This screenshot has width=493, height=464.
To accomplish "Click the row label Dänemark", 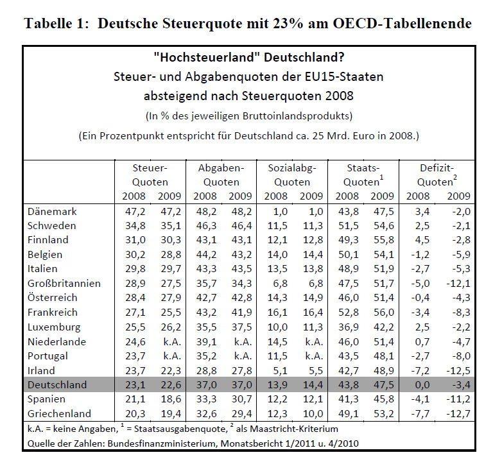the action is coord(52,212).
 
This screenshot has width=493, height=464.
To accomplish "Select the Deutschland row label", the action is coord(57,385).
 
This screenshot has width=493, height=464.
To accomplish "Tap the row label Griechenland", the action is coord(59,414).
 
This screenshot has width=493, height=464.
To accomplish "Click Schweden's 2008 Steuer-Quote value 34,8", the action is coord(135,226).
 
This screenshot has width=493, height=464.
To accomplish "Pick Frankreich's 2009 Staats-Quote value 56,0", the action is coord(384,313).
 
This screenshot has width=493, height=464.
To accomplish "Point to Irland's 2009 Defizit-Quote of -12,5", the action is coord(458,371).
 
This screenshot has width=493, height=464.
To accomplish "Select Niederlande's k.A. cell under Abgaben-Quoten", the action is coord(243,341).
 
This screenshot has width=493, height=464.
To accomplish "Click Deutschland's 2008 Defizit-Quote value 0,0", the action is coord(422,385).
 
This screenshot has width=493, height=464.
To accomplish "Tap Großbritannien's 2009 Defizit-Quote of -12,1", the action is coord(458,284).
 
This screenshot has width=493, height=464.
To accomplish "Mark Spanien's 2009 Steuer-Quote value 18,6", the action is coord(171,399).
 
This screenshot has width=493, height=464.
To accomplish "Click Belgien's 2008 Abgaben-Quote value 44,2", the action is coord(206,255).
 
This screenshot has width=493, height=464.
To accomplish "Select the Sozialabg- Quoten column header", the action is coord(292,175).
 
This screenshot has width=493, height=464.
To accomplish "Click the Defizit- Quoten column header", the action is coord(437,175).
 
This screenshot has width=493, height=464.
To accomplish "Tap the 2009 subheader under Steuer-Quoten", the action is coord(169,196).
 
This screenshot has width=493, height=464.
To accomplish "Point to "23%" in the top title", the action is coord(289,24).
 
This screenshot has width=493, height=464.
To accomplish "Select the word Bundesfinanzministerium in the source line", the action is coord(162,444).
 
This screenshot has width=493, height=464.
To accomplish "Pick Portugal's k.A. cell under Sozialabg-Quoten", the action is coord(314,356).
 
